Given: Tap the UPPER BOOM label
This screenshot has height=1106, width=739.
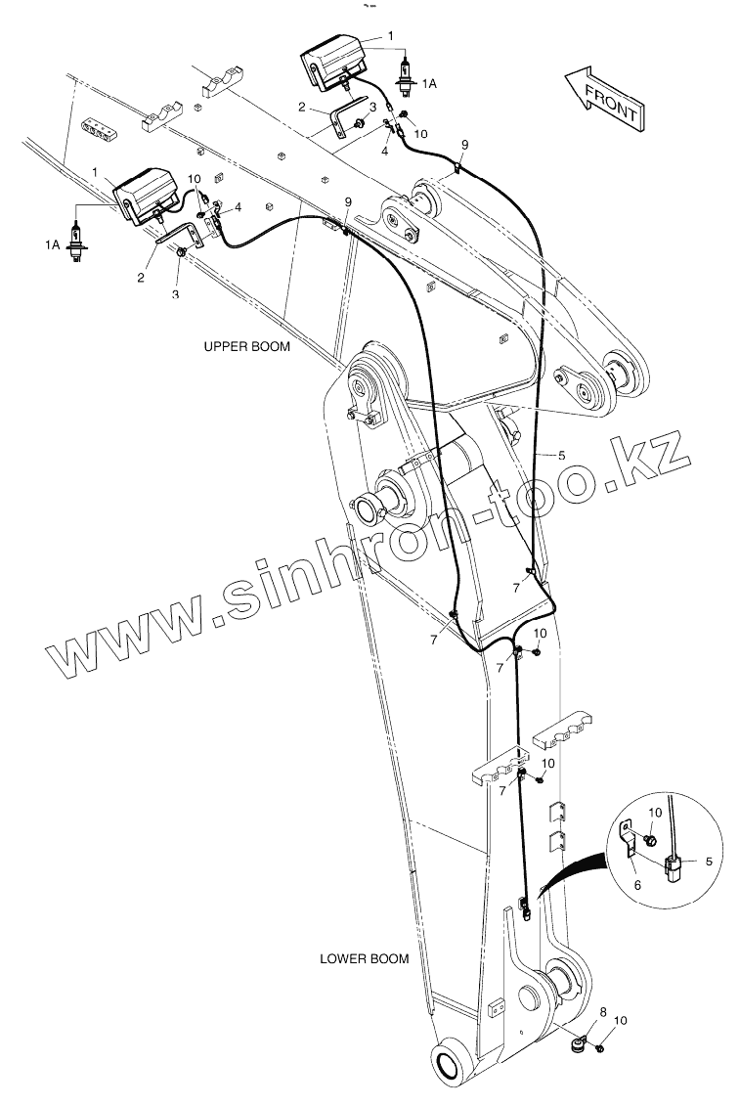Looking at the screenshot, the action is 246,346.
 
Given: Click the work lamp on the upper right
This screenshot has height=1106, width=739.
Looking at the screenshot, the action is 331,63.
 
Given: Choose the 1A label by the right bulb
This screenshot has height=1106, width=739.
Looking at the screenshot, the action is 428,85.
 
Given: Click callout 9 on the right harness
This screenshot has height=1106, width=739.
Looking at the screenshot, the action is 464,145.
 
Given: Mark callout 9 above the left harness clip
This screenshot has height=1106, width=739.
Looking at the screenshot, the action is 347,201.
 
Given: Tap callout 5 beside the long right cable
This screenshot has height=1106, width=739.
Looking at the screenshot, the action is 562,455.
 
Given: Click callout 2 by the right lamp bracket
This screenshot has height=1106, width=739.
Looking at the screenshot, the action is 303,108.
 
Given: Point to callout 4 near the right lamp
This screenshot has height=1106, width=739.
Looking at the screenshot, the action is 385,152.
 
